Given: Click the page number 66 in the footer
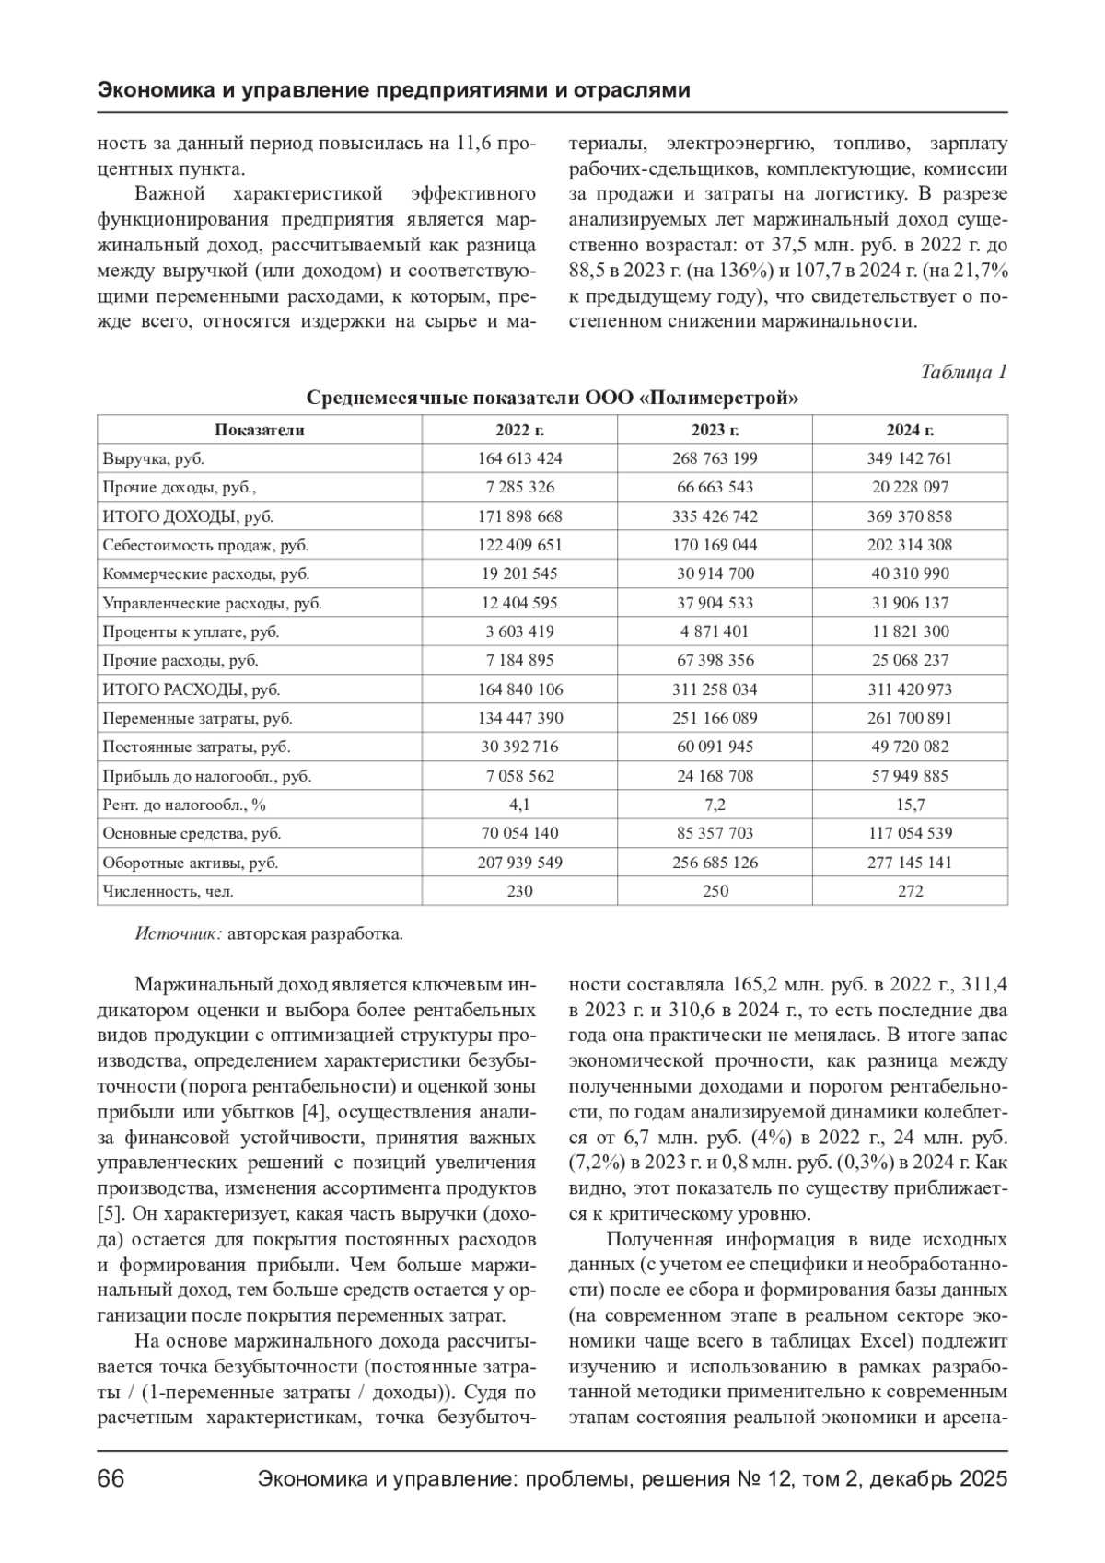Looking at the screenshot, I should pos(111,1479).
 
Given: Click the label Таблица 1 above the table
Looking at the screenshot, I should pos(963,372).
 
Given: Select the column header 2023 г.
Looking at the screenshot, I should pos(715,430).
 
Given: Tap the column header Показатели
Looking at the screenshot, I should pos(260,430).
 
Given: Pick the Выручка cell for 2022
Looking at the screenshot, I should pos(519,458).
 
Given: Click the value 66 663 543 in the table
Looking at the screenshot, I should pos(715,487).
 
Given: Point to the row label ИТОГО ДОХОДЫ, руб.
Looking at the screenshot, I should pos(188,516).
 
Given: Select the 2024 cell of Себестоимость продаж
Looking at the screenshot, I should pos(909,545).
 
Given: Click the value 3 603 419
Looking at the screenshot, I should pos(519,631).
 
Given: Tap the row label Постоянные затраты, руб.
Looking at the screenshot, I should pos(196,747).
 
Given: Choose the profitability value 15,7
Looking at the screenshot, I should pos(909,805).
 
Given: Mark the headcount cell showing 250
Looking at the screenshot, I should pos(715,891).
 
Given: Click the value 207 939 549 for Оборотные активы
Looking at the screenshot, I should pos(519,863).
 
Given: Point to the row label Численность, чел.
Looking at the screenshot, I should pos(169,891).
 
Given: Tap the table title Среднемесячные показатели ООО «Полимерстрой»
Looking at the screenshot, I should pos(552,399).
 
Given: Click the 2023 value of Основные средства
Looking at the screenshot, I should pos(715,833).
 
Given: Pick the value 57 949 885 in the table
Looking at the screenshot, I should pos(909,776).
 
